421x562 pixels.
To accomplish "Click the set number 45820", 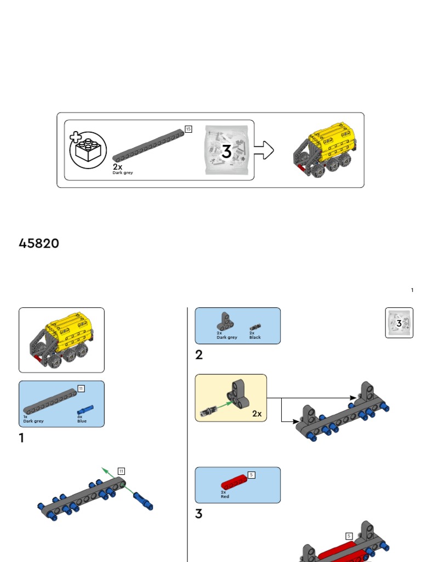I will pos(39,243).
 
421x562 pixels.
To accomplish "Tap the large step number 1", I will pos(21,438).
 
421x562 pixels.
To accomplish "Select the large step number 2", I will pos(199,355).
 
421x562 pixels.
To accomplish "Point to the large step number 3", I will pos(199,514).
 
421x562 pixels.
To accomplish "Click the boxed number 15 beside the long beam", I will pos(188,129).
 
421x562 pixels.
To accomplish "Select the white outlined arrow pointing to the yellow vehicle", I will pos(264,150).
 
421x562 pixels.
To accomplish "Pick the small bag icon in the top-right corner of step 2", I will pos(399,323).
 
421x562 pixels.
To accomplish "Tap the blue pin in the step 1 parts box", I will pos(86,409).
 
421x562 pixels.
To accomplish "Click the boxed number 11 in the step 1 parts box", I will pos(81,389).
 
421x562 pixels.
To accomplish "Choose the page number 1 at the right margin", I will pos(412,290).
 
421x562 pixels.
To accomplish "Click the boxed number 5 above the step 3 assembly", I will pos(349,536).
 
